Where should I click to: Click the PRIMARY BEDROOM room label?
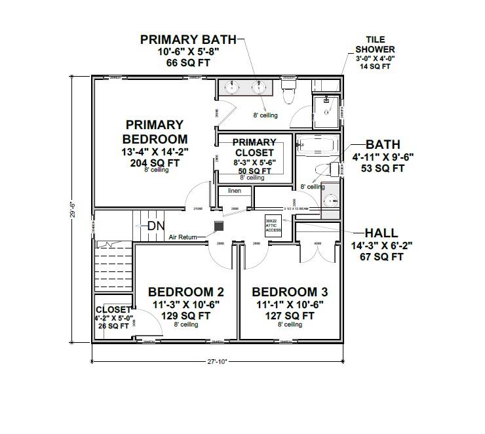coord(155,131)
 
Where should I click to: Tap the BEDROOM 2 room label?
coord(181,292)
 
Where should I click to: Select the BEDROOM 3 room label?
coord(290,292)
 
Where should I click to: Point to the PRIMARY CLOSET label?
coord(254,148)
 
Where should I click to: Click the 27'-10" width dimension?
coord(216,361)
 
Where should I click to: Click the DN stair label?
coord(155,226)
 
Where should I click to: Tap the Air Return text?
coord(184,237)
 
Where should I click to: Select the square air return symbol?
coord(220,225)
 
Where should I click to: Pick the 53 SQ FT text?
coord(383,168)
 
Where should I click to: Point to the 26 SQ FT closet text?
coord(113,326)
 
